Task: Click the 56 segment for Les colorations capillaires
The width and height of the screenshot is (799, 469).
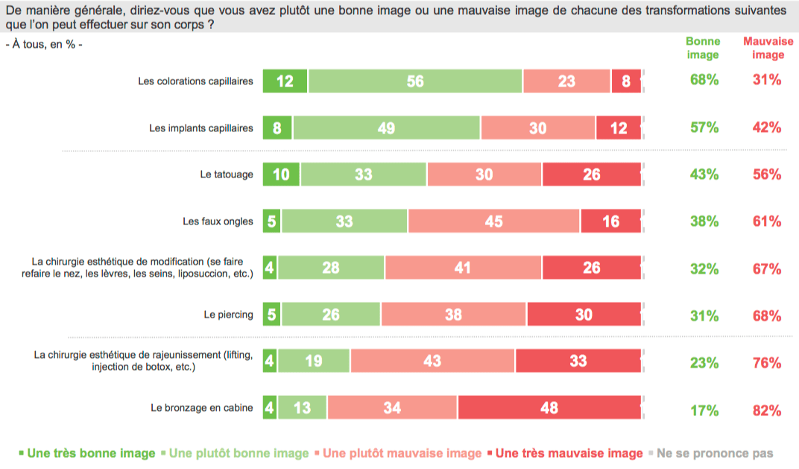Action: (415, 81)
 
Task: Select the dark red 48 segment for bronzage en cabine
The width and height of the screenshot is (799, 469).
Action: (549, 409)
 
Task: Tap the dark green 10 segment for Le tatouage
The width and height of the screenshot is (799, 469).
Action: (282, 174)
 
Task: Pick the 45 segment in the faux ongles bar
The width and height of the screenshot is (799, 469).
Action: (493, 221)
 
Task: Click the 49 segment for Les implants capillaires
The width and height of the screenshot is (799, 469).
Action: (386, 128)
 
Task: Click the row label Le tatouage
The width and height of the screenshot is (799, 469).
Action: (227, 174)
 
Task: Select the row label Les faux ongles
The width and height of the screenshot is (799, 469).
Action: (218, 221)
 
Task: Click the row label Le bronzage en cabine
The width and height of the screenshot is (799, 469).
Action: (201, 409)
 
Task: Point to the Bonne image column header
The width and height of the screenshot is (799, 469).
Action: (703, 48)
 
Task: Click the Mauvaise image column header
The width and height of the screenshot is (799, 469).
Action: (768, 48)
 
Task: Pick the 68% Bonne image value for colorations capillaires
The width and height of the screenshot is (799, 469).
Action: (704, 81)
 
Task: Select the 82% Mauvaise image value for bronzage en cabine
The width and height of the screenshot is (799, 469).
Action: (767, 410)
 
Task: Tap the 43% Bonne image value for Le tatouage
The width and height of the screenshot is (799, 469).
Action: (704, 174)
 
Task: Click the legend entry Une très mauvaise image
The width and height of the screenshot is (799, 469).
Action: (569, 453)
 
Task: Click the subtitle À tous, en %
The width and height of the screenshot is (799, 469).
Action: (44, 44)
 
